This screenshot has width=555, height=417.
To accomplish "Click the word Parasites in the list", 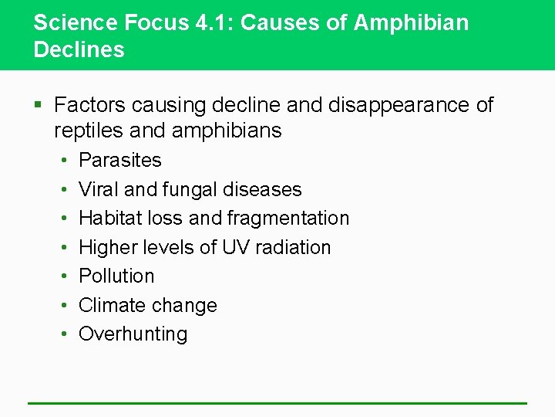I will coord(120,161).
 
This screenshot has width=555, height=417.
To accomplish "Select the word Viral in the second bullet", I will coord(96,189).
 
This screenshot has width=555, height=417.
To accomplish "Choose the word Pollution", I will coord(116,276).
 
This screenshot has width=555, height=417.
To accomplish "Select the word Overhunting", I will coord(133,334).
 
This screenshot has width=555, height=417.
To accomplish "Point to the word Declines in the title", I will coord(79,50).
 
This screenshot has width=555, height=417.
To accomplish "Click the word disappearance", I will coord(399,104).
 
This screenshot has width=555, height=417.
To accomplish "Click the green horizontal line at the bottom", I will coord(277,403).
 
